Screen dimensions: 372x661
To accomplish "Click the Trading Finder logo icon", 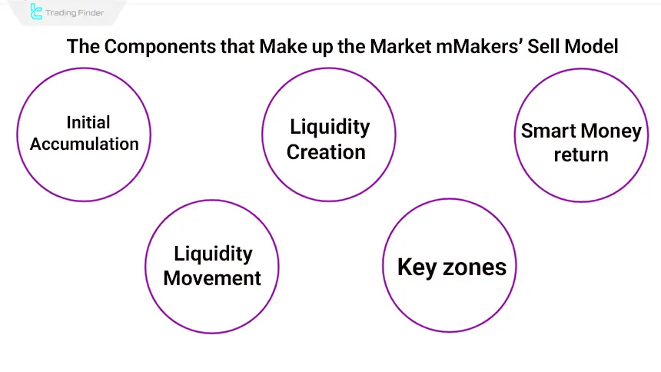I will tap(35, 12).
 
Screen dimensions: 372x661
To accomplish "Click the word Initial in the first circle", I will tap(88, 123).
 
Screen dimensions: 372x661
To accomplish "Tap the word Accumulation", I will tap(85, 144).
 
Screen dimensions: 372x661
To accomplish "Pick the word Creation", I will tap(326, 152).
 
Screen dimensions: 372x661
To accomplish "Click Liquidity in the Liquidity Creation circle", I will tap(330, 127).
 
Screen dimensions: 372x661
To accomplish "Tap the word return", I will tap(581, 154).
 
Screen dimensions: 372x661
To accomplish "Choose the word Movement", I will tap(212, 277).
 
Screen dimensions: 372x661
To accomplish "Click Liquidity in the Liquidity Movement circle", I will tap(213, 254).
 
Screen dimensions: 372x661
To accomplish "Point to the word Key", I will tap(417, 267).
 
